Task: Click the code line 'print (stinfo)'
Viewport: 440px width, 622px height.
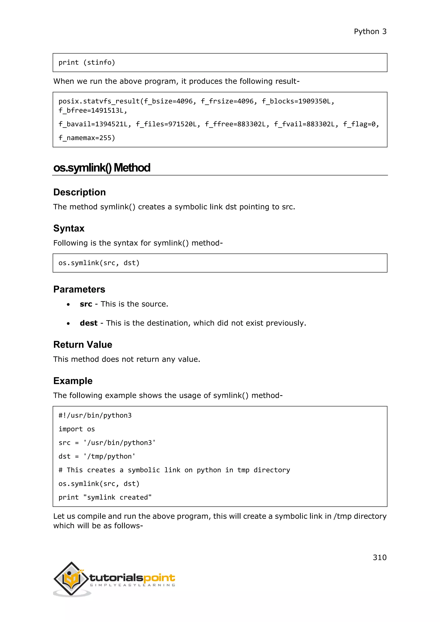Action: point(87,63)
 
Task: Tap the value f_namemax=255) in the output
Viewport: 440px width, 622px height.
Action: point(87,138)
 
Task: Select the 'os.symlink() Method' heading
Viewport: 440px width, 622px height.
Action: point(102,168)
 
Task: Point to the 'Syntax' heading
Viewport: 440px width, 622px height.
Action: point(69,228)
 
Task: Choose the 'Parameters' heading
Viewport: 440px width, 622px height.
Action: point(79,289)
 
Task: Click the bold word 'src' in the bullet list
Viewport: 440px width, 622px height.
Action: point(86,304)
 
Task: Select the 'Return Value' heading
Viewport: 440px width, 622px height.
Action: point(83,345)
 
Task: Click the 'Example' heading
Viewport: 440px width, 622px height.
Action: point(73,381)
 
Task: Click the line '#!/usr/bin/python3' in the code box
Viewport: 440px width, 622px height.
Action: point(95,416)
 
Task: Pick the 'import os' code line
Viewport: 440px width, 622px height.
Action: point(77,429)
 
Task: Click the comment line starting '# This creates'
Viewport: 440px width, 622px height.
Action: point(174,470)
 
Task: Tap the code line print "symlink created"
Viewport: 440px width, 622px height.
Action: point(105,497)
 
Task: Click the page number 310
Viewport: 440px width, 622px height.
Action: point(379,558)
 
